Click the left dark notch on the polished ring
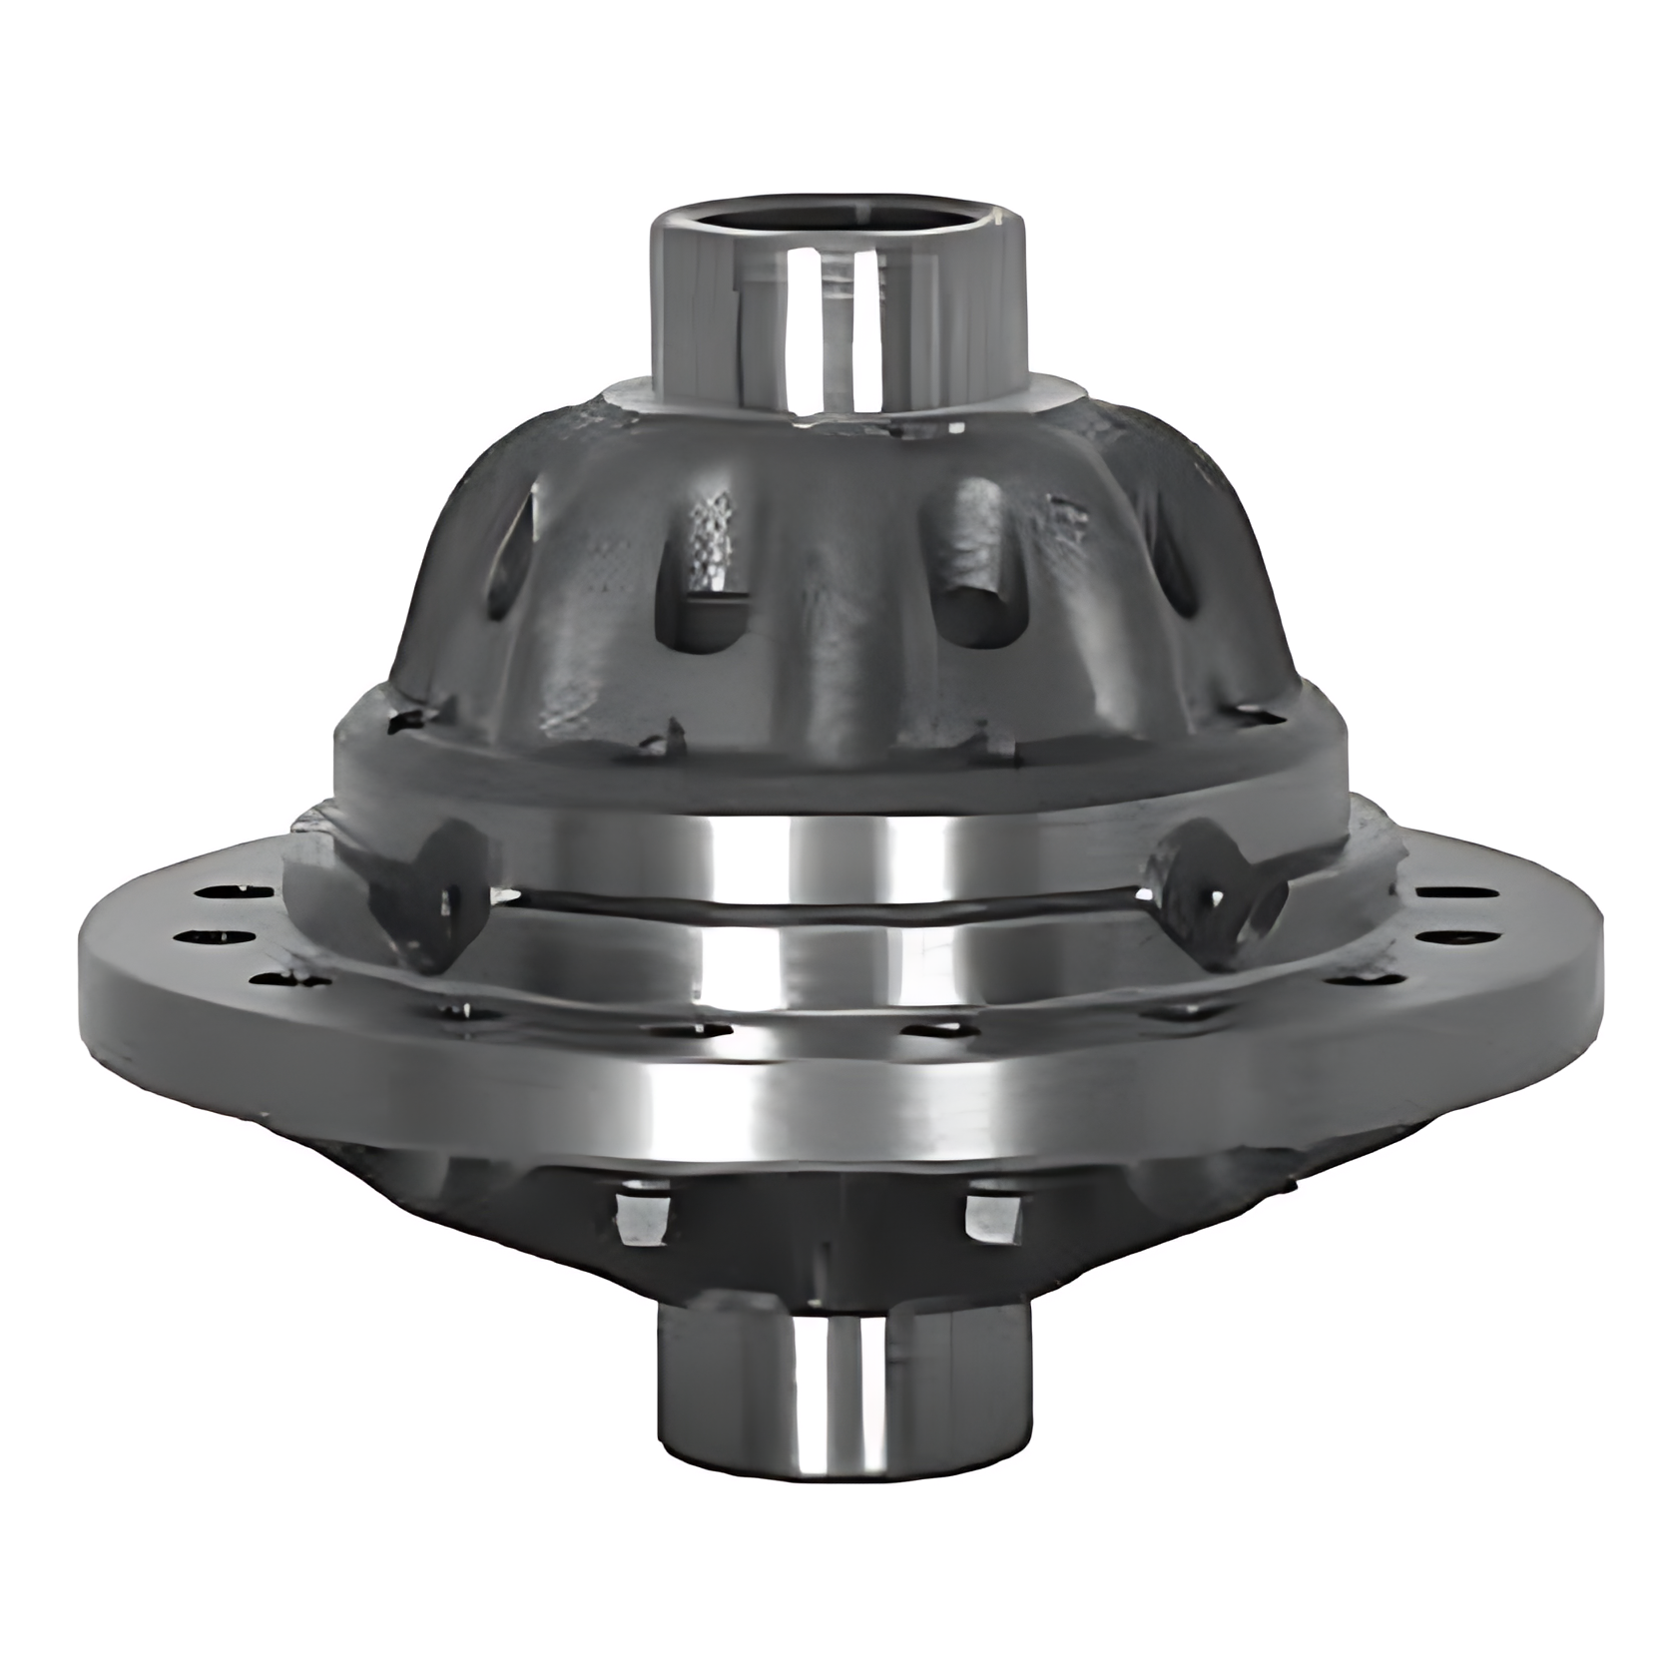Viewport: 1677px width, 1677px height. click(x=439, y=888)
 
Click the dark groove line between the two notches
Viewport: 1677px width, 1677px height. click(x=819, y=904)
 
